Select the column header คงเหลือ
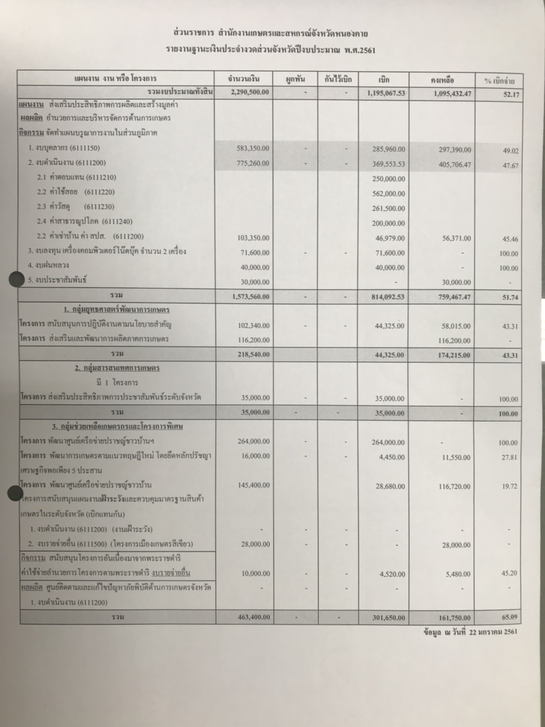tap(442, 80)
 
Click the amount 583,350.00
tap(253, 149)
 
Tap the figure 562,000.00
tap(389, 194)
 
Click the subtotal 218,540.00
tap(253, 354)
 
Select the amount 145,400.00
tap(253, 485)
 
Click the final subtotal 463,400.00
tap(253, 617)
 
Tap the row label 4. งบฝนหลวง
tap(49, 266)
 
